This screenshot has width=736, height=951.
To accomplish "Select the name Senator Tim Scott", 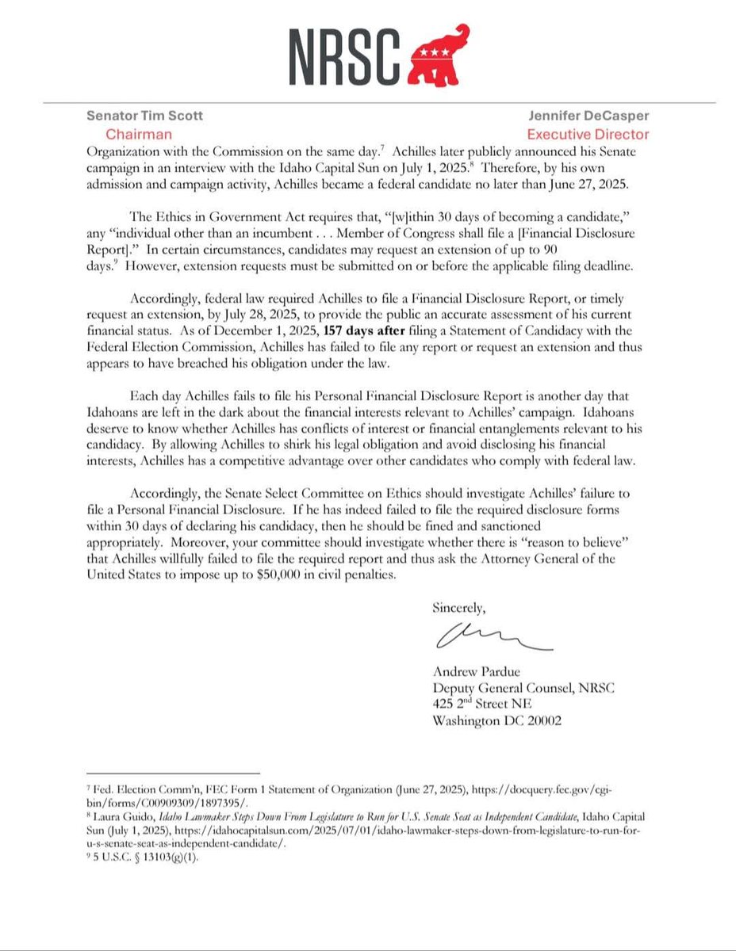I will [x=144, y=116].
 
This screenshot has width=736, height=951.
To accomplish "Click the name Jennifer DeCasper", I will [x=593, y=116].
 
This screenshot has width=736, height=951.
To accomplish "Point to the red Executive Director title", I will [x=588, y=135].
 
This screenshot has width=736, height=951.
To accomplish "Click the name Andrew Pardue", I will [x=473, y=674].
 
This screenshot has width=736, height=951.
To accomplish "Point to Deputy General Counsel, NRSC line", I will [x=523, y=689].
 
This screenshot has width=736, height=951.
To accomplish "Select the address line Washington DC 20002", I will [x=496, y=721].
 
